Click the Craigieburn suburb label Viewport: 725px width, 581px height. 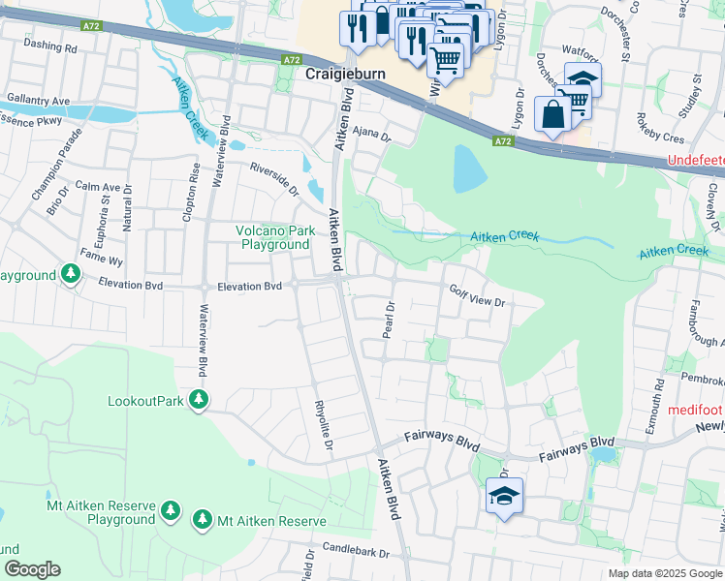(344, 74)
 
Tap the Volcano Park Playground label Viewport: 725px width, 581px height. (275, 237)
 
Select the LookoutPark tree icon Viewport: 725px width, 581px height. (199, 399)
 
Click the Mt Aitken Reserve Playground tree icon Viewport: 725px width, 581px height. (171, 509)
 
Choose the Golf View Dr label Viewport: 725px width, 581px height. (478, 295)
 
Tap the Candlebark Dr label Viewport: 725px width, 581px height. (356, 553)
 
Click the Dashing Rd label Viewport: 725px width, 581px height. (49, 46)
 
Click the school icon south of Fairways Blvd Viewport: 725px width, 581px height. (504, 497)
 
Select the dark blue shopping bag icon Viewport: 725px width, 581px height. (552, 114)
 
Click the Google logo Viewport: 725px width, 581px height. (32, 569)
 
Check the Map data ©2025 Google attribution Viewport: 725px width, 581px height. (664, 573)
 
